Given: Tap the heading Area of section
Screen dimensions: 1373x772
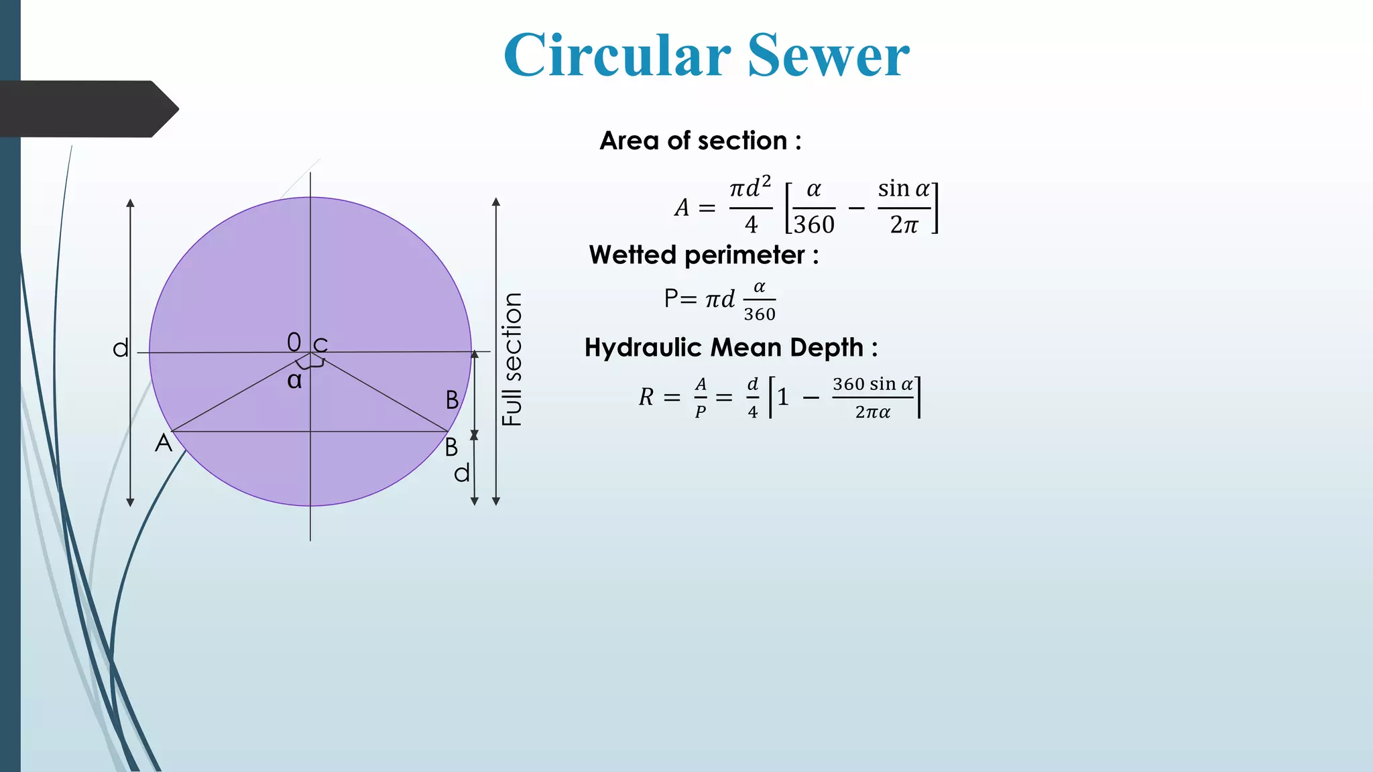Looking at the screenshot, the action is click(x=700, y=141).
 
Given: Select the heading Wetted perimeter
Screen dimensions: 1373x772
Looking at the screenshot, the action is click(x=703, y=255).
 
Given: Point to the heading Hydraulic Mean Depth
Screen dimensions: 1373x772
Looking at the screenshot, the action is click(x=730, y=348).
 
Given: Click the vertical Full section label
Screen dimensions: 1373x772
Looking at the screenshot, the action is click(x=512, y=359).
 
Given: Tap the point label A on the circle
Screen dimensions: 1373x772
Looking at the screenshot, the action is click(x=164, y=443).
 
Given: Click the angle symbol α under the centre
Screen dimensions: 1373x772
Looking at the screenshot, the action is click(x=294, y=381).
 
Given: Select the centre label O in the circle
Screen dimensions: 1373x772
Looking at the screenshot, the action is click(x=294, y=342).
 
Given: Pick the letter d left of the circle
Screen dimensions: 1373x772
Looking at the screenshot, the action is click(x=121, y=348).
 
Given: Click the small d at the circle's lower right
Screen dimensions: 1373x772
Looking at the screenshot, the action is click(x=462, y=474).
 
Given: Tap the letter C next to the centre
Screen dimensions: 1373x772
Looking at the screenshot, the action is click(x=320, y=345).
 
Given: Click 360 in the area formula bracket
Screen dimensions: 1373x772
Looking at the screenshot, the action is click(x=815, y=224).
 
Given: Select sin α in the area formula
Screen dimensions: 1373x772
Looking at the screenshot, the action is click(x=903, y=189).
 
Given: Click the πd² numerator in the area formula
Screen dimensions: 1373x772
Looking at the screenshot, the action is click(x=750, y=188).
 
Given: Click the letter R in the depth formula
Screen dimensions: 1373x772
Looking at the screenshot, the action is click(x=646, y=397).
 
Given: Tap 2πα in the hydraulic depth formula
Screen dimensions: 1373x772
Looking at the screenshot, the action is click(x=872, y=412).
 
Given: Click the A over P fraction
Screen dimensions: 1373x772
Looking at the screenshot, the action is click(x=701, y=397).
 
